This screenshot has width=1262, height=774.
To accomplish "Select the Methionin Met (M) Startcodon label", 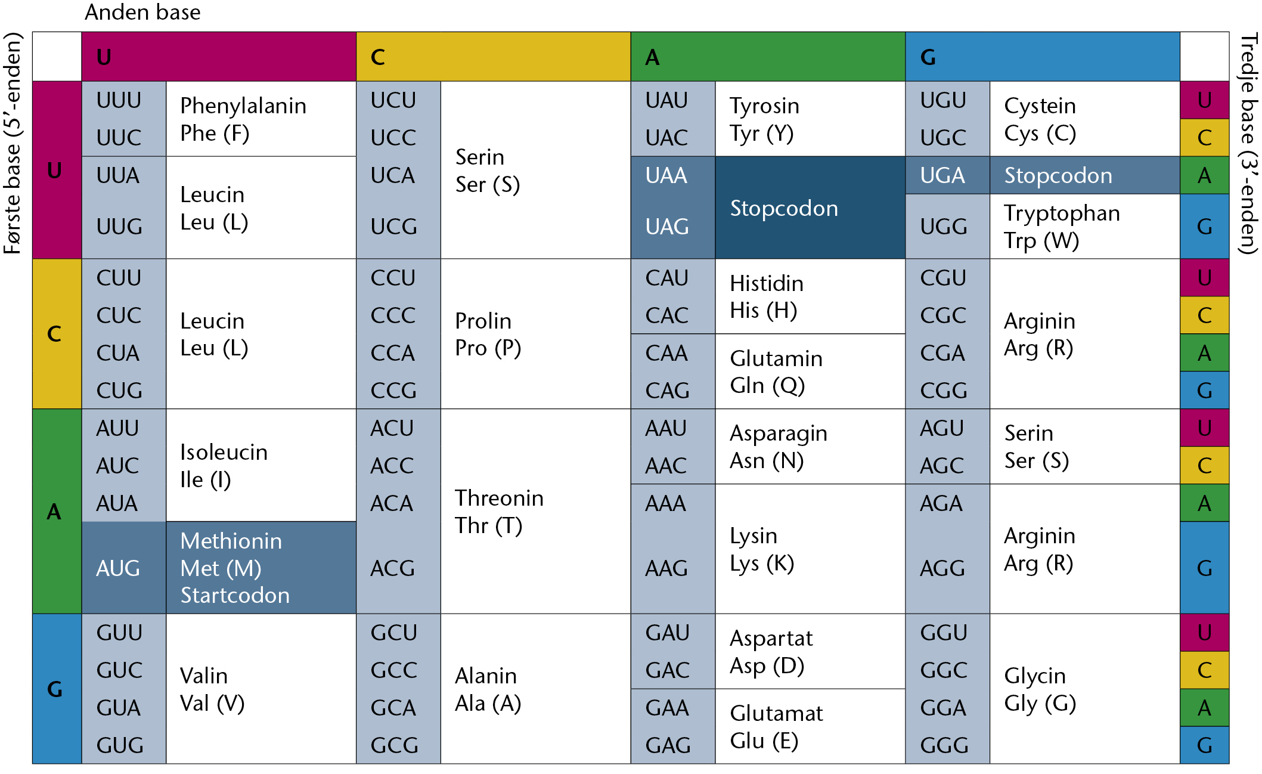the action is tap(235, 568).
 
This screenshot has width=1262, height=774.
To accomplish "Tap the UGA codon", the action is tap(942, 175).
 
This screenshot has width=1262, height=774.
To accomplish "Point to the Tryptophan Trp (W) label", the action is tap(1062, 227).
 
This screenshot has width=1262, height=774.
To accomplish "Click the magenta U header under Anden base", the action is tap(219, 57).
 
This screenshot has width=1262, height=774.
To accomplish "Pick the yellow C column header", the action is tap(494, 57).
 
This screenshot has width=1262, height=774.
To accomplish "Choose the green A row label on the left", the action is tap(57, 511).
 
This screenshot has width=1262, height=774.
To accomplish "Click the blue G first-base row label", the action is tap(57, 689).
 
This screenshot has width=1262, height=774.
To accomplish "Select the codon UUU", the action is tap(119, 100).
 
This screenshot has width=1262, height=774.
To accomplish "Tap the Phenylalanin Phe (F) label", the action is tap(243, 119).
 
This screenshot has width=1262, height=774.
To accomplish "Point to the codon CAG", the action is tap(668, 391).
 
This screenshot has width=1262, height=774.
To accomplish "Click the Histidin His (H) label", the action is tap(767, 296).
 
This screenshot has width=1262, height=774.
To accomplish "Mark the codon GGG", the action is tap(944, 745).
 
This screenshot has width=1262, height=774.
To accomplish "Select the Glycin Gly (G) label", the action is tap(1040, 689).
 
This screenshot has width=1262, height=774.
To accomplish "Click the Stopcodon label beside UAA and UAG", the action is tap(784, 208).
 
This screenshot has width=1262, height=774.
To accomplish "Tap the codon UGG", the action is tap(944, 227).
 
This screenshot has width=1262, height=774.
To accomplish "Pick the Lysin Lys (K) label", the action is tap(762, 549).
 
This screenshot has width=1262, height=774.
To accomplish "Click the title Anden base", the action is tap(142, 12).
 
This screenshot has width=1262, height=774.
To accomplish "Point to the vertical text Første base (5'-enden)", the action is tap(12, 143).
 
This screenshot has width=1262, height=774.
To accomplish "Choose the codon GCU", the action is tap(393, 633).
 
